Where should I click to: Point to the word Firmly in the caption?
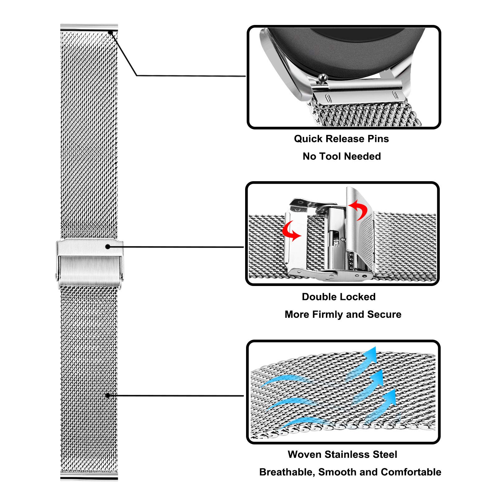click(x=327, y=314)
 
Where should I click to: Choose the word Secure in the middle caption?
click(x=384, y=314)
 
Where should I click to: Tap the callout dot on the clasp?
click(x=108, y=247)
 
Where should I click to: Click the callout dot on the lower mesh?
click(x=108, y=395)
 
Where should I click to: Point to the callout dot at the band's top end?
click(x=110, y=32)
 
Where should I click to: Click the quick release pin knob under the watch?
click(x=322, y=77)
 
